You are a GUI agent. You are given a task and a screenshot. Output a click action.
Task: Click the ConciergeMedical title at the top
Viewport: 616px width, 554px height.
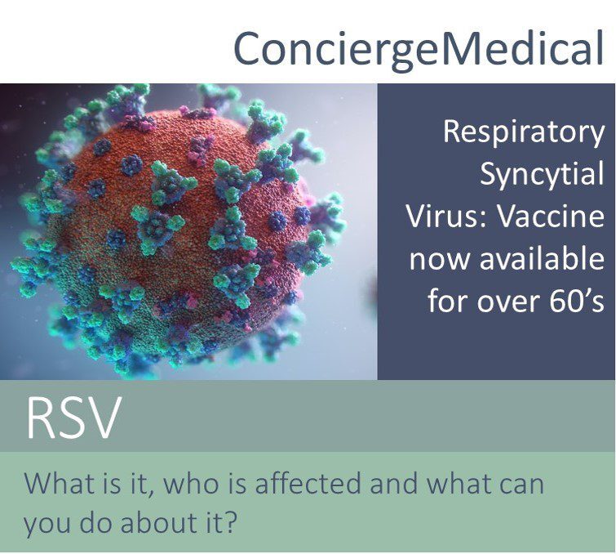click(418, 49)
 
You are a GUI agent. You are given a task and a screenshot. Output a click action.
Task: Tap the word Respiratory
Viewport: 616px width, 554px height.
click(524, 133)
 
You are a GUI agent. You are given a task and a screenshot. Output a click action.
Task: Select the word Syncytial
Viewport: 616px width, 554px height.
click(542, 175)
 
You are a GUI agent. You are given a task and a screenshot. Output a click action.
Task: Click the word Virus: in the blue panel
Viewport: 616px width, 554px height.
click(446, 217)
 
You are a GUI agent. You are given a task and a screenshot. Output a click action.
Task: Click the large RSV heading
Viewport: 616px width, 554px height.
click(72, 418)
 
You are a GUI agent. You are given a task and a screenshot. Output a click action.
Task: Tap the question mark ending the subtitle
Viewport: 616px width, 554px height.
click(231, 522)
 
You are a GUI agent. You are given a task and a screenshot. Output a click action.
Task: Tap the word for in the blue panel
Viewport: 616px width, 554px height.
click(448, 301)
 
